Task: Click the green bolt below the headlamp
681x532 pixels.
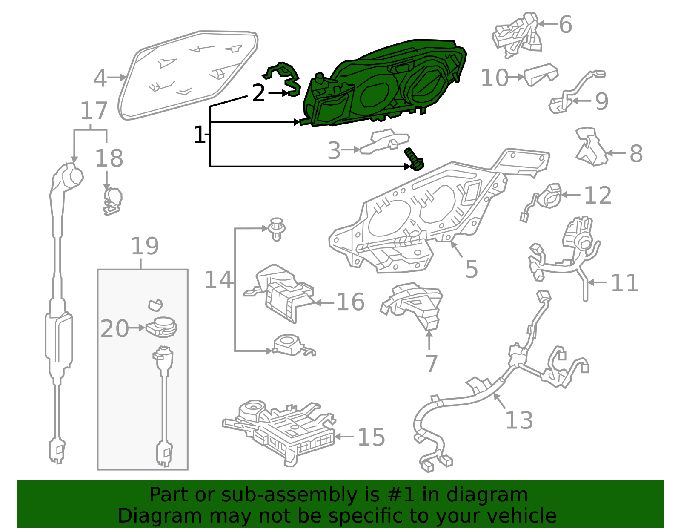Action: pos(414,160)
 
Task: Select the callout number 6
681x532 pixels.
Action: pos(566,24)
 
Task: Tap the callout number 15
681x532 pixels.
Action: pos(372,437)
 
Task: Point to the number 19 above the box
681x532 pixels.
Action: pos(145,246)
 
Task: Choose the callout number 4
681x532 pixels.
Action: pos(100,78)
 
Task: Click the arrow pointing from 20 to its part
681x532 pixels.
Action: pos(136,328)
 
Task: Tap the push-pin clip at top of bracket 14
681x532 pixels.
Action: pos(276,229)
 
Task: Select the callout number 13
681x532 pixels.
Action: pos(519,420)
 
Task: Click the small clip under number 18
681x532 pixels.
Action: pos(112,201)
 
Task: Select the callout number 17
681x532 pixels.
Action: pos(94,111)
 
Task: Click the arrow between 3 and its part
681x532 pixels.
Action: pos(351,150)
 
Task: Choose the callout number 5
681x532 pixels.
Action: pos(472,269)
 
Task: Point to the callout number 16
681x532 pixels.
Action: pos(351,302)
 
